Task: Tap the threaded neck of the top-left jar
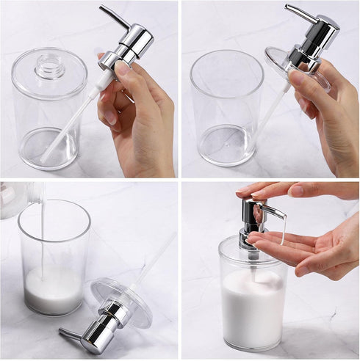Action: [50, 67]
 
